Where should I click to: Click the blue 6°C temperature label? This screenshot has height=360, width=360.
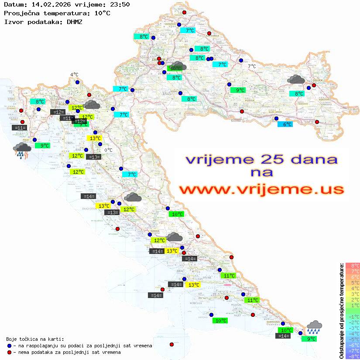(x=285, y=124)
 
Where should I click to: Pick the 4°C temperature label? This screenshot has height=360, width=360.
(x=74, y=75)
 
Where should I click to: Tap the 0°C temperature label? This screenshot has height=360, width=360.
(x=108, y=150)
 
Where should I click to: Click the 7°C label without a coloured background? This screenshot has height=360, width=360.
(x=252, y=66)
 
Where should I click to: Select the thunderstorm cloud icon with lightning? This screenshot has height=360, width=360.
(x=21, y=150)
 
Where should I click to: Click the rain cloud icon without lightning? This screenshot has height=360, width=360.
(x=314, y=327)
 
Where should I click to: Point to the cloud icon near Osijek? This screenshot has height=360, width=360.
(x=296, y=79)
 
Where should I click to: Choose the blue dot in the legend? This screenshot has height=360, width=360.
(x=9, y=346)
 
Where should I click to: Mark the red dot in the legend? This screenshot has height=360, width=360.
(x=9, y=352)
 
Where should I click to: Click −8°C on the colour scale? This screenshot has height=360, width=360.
(x=353, y=356)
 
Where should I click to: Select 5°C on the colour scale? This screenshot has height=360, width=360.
(x=353, y=282)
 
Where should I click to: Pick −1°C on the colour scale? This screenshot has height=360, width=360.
(x=353, y=316)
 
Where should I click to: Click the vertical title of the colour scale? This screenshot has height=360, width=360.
(x=342, y=310)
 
